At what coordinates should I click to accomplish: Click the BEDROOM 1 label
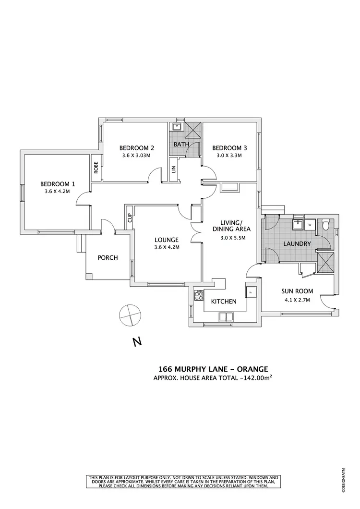(58, 183)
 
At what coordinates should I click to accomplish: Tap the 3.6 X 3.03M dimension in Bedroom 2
(136, 156)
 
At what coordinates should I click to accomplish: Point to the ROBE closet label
(96, 167)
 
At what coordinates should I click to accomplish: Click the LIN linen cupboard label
(173, 169)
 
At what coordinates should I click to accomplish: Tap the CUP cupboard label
(130, 218)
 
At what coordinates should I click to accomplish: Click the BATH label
(181, 144)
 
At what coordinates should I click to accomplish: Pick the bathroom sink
(177, 127)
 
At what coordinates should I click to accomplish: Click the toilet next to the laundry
(326, 224)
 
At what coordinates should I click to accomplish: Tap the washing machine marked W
(310, 224)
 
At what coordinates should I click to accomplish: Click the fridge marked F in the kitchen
(250, 292)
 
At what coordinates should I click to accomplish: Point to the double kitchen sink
(226, 316)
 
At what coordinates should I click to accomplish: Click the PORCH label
(108, 258)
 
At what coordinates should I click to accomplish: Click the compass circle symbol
(130, 315)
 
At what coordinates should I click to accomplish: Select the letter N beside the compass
(137, 342)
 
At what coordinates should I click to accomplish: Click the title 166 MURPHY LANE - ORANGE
(213, 369)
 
